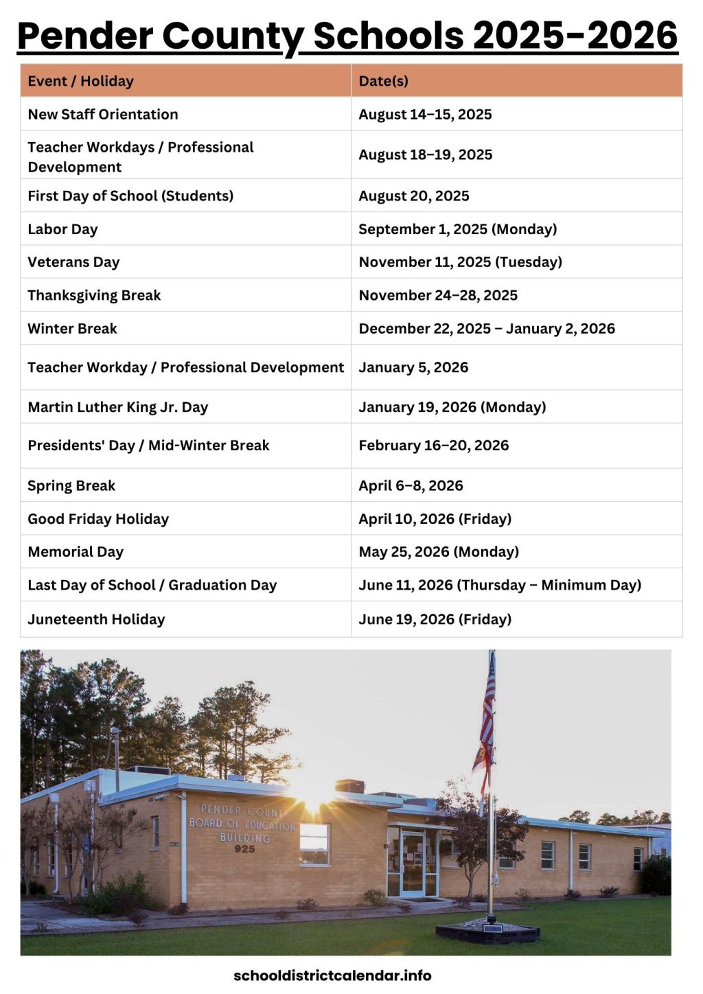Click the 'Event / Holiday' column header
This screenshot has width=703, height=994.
pyautogui.click(x=80, y=81)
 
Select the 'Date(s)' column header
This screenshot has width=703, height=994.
pyautogui.click(x=383, y=81)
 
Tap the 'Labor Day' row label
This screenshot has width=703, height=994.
pyautogui.click(x=62, y=229)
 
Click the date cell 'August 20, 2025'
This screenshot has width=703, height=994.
pyautogui.click(x=413, y=196)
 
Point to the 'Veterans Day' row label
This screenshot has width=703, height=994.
pyautogui.click(x=73, y=262)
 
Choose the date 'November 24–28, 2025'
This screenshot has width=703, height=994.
pyautogui.click(x=438, y=295)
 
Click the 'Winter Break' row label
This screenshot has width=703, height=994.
pyautogui.click(x=72, y=329)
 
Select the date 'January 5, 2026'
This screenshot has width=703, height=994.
pyautogui.click(x=413, y=367)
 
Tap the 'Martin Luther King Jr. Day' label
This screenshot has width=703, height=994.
pyautogui.click(x=117, y=407)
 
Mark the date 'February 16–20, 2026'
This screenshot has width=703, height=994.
pyautogui.click(x=433, y=446)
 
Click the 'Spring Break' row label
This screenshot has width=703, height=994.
pyautogui.click(x=71, y=486)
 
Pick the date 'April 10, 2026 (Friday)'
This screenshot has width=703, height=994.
pyautogui.click(x=435, y=519)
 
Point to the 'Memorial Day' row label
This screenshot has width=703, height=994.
pyautogui.click(x=76, y=552)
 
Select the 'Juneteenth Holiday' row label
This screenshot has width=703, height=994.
pyautogui.click(x=96, y=619)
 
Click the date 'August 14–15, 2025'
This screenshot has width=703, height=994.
pyautogui.click(x=425, y=115)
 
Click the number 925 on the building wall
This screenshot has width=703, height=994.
pyautogui.click(x=244, y=849)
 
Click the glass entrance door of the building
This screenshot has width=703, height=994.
pyautogui.click(x=412, y=863)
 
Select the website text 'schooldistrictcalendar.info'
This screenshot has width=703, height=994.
pyautogui.click(x=332, y=975)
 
